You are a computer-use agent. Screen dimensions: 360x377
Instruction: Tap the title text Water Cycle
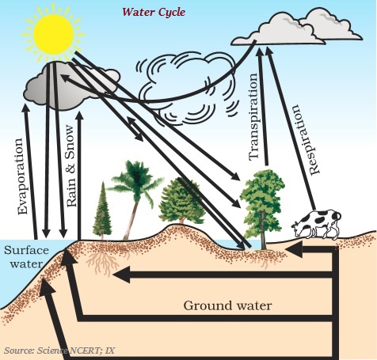pos(154,12)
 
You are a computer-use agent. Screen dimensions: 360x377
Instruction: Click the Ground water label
pos(227,305)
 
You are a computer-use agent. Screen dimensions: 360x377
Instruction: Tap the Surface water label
pos(26,256)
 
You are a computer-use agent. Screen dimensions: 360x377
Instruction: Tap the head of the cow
pos(298,227)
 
